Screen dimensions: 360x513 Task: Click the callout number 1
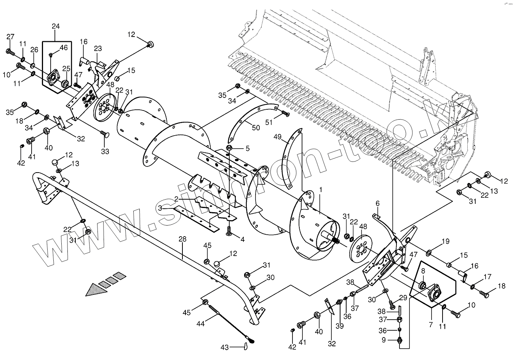[321, 189]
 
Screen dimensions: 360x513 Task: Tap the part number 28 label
[182, 239]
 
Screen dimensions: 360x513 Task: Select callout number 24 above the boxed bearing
[56, 26]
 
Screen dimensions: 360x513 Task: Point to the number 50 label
[256, 128]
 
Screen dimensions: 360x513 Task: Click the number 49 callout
[278, 136]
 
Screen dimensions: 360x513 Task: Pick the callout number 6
[378, 203]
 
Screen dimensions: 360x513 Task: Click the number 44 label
[201, 323]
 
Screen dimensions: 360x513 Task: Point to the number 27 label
[10, 37]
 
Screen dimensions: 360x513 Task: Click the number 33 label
[105, 151]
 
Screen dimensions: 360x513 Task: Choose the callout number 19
[445, 241]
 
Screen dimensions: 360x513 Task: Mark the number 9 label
[384, 339]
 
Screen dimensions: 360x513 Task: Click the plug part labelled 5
[230, 148]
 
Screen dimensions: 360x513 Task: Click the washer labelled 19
[429, 253]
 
